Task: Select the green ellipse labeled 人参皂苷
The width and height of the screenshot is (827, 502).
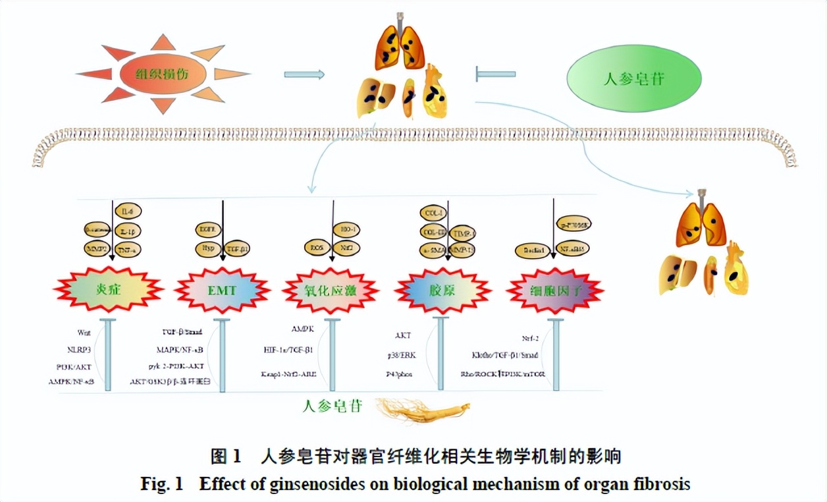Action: click(x=633, y=78)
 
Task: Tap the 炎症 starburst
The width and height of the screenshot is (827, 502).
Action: click(x=108, y=288)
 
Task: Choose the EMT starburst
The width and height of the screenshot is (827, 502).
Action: click(x=223, y=288)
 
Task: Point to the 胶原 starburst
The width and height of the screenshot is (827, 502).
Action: click(x=442, y=289)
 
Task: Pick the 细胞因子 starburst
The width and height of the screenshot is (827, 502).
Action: click(x=556, y=289)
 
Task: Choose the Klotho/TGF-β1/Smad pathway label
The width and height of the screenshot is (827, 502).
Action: click(x=505, y=355)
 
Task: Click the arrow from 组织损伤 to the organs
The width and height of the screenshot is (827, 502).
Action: click(x=304, y=74)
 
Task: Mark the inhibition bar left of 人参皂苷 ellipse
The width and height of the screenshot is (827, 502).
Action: click(x=495, y=74)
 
